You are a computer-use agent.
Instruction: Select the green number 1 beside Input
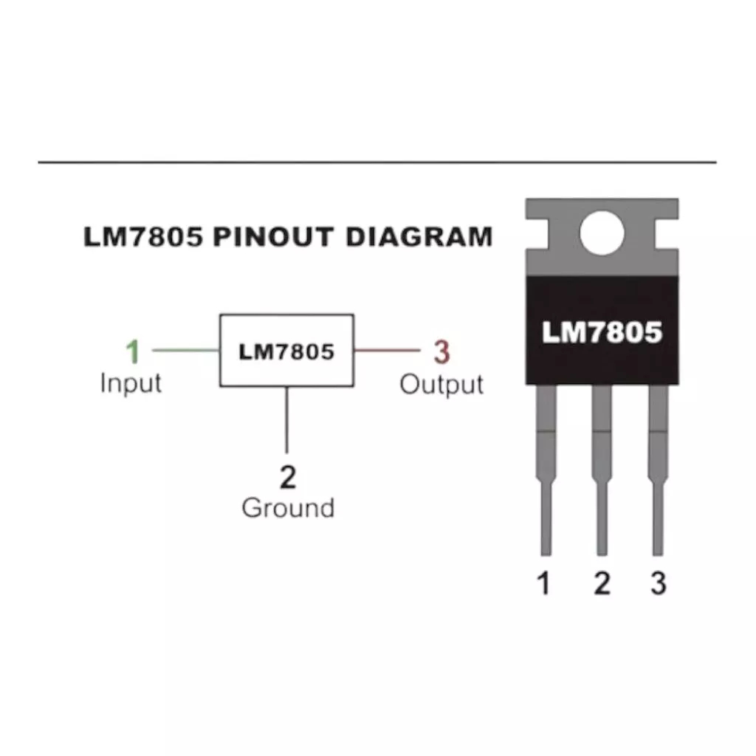coord(132,352)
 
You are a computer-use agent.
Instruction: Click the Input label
coord(131,383)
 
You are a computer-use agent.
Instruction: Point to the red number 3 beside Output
coord(441,353)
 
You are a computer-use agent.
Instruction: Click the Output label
coord(441,385)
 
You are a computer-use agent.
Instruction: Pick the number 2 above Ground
coord(288,478)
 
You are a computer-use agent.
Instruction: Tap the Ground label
coord(288,508)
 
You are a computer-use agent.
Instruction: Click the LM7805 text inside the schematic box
coord(286,351)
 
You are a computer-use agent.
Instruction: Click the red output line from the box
coord(385,351)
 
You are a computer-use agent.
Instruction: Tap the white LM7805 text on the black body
coord(602,332)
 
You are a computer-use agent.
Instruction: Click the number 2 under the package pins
coord(602,584)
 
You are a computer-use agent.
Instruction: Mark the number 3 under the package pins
coord(658,584)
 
